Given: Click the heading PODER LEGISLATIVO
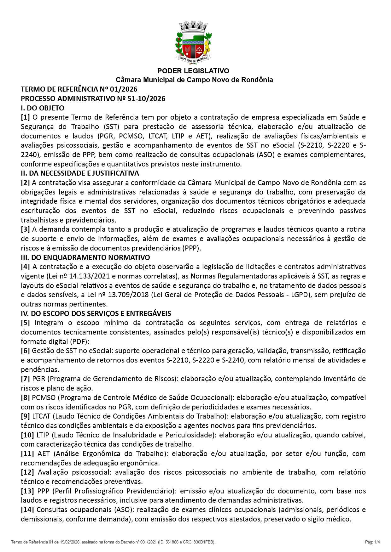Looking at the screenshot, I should [193, 71].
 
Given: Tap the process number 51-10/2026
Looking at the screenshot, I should [146, 99].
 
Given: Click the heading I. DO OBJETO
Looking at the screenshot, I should [43, 108].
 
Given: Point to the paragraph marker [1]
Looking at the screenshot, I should [25, 117].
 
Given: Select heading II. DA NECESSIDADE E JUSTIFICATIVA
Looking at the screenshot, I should [80, 173].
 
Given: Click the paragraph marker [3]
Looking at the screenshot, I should [25, 229].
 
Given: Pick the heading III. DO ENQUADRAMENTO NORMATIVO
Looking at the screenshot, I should [85, 257].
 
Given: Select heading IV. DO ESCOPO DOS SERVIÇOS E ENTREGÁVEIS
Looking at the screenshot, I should [96, 313].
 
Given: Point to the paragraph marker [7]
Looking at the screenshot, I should [25, 379].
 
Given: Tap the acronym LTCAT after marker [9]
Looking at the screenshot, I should [41, 416].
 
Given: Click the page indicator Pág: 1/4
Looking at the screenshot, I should [372, 542].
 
